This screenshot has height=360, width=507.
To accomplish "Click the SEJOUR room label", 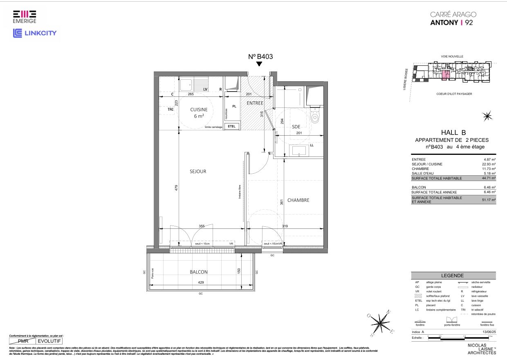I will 198,172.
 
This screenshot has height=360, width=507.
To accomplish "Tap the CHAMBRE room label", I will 298,200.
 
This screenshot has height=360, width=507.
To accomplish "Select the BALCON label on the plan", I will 198,272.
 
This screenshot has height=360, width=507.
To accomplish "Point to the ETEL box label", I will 232,126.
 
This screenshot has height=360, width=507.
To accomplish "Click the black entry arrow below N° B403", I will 259,64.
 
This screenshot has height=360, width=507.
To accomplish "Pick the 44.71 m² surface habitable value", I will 489,178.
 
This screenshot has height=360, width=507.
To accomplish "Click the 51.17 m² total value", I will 489,200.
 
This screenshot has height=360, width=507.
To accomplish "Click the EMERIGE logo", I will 25,17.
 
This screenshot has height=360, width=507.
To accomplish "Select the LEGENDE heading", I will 453,275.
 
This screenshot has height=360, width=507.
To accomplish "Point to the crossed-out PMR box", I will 22,340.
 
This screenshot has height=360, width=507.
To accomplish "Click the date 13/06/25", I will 489,332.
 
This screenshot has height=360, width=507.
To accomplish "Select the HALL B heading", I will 453,132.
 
